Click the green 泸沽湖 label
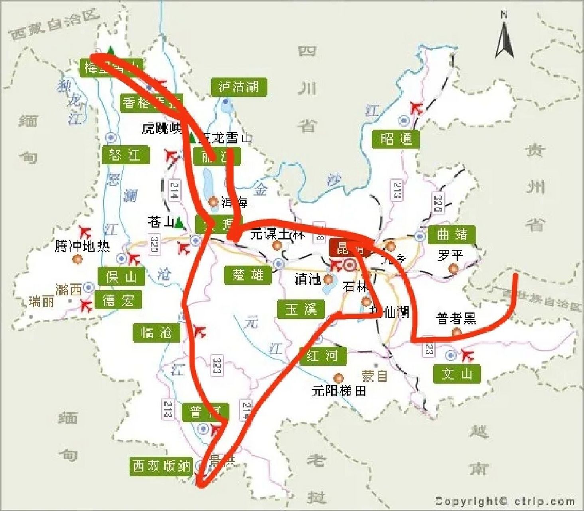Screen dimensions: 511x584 (239, 87)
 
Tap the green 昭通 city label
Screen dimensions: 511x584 (395, 139)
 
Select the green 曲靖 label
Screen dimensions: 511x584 (452, 234)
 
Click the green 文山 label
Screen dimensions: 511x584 (457, 374)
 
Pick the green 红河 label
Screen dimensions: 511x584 (322, 355)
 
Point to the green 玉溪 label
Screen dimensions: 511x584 (301, 309)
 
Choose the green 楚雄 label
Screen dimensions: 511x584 (248, 275)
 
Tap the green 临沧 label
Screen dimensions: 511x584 (156, 332)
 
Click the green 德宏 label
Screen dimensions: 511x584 (118, 300)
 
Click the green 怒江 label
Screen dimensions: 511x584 (125, 154)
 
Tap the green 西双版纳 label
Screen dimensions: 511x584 (161, 466)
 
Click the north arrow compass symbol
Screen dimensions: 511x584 (504, 36)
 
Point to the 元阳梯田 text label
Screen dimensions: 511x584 (339, 390)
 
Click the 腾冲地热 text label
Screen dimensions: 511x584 (82, 246)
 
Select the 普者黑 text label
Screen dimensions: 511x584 (456, 319)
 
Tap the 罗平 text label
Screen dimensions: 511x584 (450, 255)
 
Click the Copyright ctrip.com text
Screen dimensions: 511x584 (505, 501)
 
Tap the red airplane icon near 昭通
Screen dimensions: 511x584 (416, 107)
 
